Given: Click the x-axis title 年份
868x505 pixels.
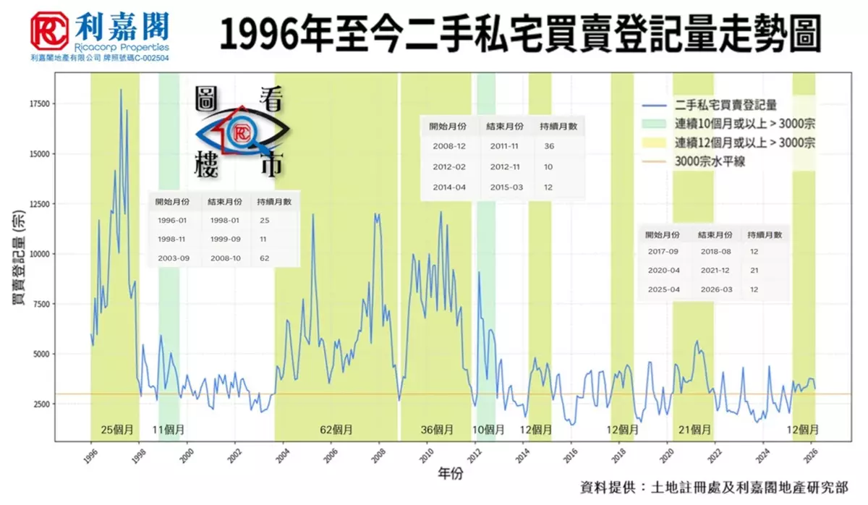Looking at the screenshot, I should [450, 474].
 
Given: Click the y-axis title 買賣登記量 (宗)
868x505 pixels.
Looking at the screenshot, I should [20, 260].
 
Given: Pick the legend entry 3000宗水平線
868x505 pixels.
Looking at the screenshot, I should [710, 161].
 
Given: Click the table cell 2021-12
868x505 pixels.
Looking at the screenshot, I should [715, 271].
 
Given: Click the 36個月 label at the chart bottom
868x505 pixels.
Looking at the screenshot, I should [437, 429].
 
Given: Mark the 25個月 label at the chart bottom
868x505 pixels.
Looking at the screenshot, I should [117, 429].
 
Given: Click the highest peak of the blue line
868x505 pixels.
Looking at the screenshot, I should [121, 90].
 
